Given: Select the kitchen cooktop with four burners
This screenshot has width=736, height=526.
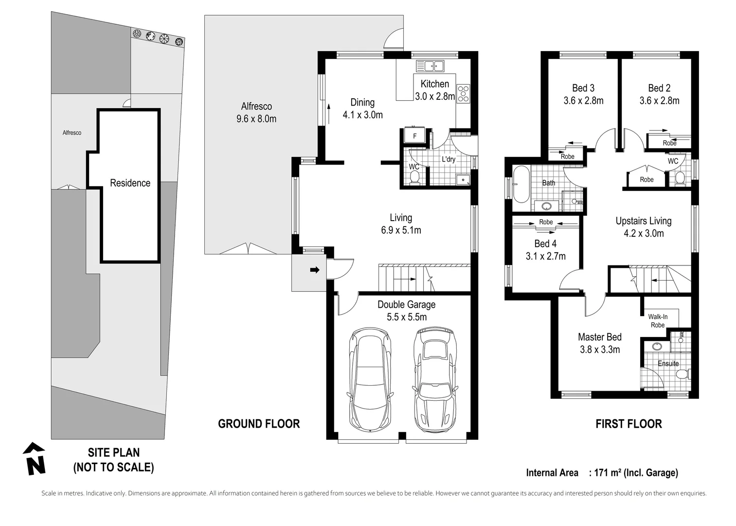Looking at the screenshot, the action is coord(463,94).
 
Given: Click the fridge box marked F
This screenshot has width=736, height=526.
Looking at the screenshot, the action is coord(414,135).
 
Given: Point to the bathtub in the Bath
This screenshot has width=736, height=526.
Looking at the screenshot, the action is coord(521,185).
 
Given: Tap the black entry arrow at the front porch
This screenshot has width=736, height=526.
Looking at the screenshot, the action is coord(315,270).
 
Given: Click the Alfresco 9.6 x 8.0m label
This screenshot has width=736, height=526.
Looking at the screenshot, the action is coord(256,113).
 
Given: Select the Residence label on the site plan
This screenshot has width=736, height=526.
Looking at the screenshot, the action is coord(130,183).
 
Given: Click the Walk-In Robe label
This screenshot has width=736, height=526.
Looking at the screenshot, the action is coord(658,321).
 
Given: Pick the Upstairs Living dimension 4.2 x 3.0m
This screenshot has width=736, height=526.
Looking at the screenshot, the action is coord(644,233).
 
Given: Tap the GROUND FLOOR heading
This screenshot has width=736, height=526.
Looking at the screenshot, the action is coord(259,424).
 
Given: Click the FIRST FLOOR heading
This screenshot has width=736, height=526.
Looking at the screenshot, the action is coord(629,424).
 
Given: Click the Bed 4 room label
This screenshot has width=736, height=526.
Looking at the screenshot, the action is coord(545,244).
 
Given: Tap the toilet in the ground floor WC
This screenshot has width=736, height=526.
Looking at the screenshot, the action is coord(414,178).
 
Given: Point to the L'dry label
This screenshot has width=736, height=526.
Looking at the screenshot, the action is coord(449,160).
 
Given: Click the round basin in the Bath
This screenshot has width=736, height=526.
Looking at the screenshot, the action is coord(546,206).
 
